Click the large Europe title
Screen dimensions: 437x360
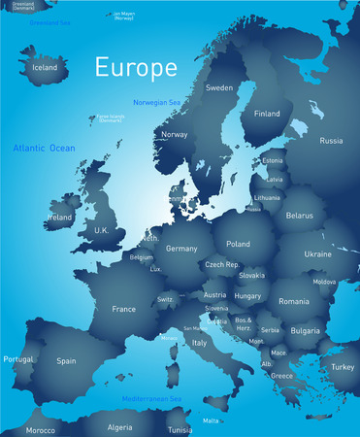[x=136, y=68]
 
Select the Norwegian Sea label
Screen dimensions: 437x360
[x=158, y=102]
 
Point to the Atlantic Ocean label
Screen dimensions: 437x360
[x=44, y=148]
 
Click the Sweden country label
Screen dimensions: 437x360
[x=219, y=87]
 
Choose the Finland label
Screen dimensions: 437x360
[x=267, y=113]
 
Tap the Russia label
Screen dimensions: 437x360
[x=331, y=141]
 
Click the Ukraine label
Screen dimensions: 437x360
[x=317, y=253]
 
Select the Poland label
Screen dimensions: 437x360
[x=238, y=245]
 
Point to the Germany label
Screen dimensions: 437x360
[x=181, y=249]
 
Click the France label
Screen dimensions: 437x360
[x=123, y=309]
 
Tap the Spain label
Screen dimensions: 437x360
[x=66, y=360]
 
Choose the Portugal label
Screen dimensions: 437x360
[x=18, y=358]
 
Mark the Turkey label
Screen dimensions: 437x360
[x=343, y=367]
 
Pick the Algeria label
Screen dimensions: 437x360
[x=118, y=427]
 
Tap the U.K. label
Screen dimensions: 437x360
[x=101, y=229]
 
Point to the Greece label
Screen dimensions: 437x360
[x=282, y=375]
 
